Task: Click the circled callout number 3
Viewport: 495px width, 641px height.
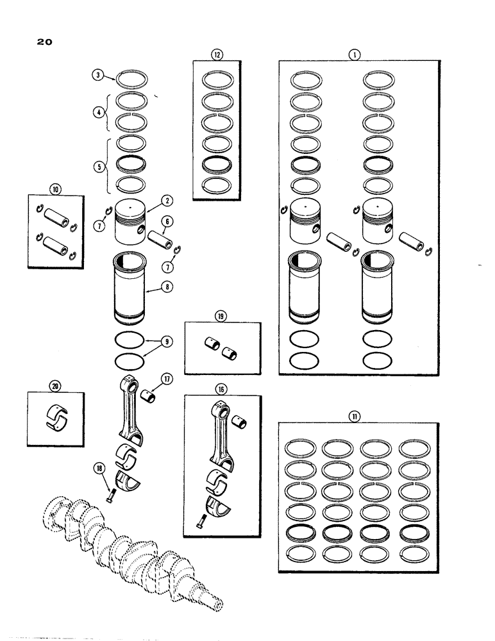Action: pyautogui.click(x=98, y=76)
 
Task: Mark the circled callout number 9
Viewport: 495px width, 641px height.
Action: pyautogui.click(x=166, y=342)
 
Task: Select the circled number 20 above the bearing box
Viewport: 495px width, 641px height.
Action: pyautogui.click(x=52, y=385)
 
